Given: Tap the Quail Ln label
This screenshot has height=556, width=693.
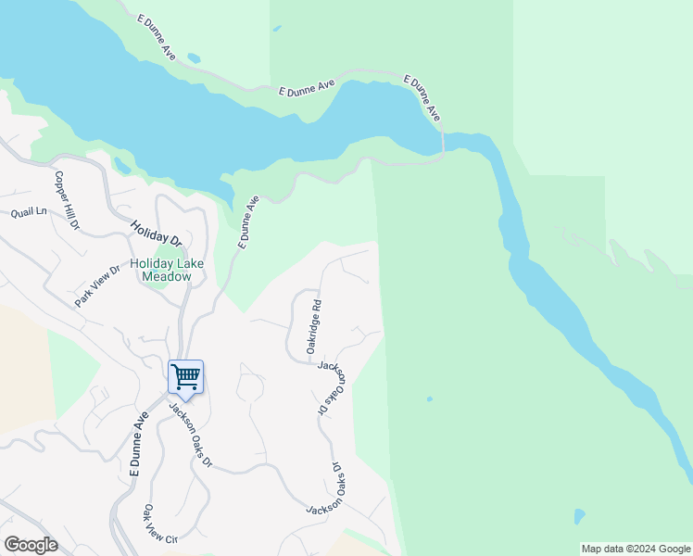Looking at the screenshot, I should pos(28,212).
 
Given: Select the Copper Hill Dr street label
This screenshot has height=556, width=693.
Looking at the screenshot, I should pos(67,200).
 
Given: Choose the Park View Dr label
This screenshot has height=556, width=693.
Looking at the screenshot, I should pos(98,287).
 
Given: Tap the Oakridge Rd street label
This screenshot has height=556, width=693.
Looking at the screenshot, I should pos(314,326).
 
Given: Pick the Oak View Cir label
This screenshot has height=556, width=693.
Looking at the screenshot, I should pos(159,524).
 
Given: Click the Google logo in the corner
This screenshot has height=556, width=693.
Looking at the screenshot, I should pos(31,544).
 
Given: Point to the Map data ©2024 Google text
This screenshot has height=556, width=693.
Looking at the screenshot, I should pos(636,549).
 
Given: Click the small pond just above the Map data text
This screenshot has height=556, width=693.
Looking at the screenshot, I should pos(579,515).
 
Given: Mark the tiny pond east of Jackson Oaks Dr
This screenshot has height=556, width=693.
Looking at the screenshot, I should pos(429,399).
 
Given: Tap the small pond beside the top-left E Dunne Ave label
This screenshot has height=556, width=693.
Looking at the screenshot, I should pos(193,58).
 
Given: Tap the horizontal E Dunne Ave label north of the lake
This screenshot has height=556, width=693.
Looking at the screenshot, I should pos(307,88).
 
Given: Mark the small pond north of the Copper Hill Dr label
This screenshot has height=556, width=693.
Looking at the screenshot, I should pos(121,166).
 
